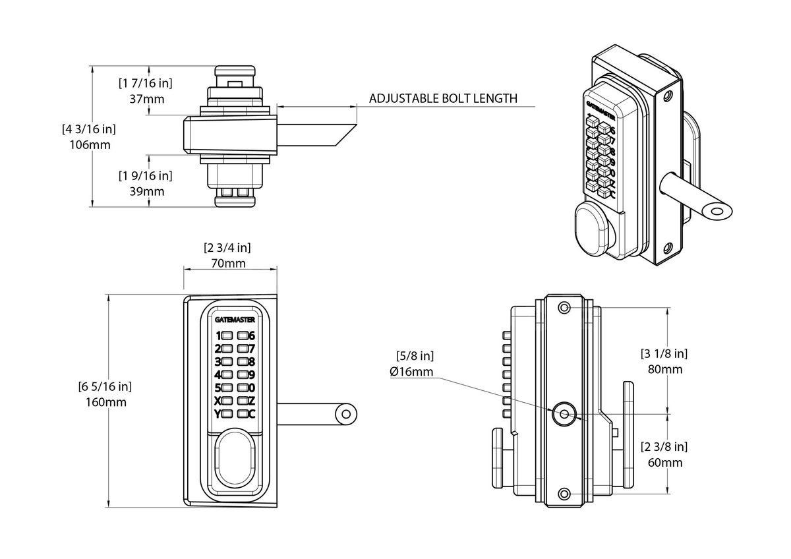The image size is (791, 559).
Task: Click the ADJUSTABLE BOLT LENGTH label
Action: point(443,99)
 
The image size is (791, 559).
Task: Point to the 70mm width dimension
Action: point(229,264)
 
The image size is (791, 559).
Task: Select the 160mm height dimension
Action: point(106,402)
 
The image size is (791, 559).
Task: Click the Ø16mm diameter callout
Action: point(412,372)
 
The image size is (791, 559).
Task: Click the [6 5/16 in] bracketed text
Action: point(106,386)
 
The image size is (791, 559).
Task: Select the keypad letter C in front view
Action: point(251,414)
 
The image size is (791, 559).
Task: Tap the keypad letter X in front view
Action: point(218,400)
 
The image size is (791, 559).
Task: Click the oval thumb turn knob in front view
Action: point(235,458)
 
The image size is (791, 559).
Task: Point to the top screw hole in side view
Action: point(564,309)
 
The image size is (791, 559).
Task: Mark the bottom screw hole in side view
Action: point(564,494)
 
